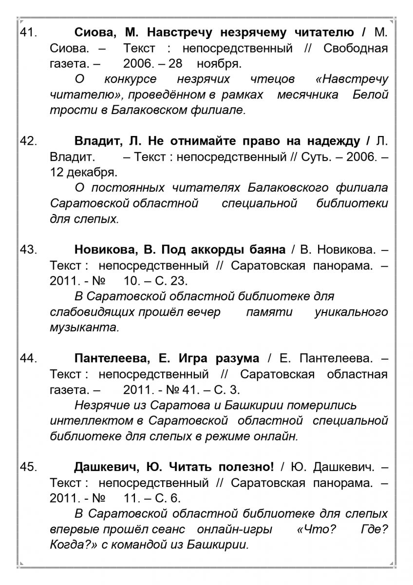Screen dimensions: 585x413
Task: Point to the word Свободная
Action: (x=356, y=49)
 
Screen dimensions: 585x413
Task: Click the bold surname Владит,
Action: (x=98, y=142)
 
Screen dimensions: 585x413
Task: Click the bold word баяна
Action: (x=263, y=250)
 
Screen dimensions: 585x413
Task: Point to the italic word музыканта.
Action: (x=84, y=327)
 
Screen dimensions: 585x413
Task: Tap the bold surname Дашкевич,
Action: (x=107, y=467)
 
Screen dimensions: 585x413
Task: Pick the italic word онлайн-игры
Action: (x=235, y=529)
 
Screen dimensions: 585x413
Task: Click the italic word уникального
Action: (x=352, y=312)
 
